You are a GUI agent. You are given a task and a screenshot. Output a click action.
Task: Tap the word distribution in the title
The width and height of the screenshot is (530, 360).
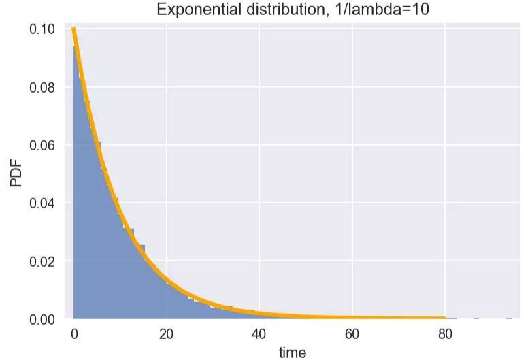[276, 10]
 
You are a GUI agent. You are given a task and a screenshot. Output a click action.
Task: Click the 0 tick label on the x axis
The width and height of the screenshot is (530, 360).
[74, 334]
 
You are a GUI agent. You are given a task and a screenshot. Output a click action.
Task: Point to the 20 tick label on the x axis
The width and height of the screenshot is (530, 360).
[167, 334]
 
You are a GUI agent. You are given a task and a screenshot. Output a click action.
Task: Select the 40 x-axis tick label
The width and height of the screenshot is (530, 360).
[259, 334]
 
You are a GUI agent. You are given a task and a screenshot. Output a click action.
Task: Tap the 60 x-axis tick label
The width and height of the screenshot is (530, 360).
[352, 334]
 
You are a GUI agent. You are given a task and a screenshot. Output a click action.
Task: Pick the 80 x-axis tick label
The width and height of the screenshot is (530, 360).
[444, 334]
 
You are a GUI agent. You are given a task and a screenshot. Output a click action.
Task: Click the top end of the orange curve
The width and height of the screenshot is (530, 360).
[73, 29]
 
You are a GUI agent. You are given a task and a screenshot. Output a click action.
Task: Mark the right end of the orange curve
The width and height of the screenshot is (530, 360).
[444, 318]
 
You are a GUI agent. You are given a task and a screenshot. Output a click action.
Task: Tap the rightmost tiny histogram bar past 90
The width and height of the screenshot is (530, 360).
[508, 318]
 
